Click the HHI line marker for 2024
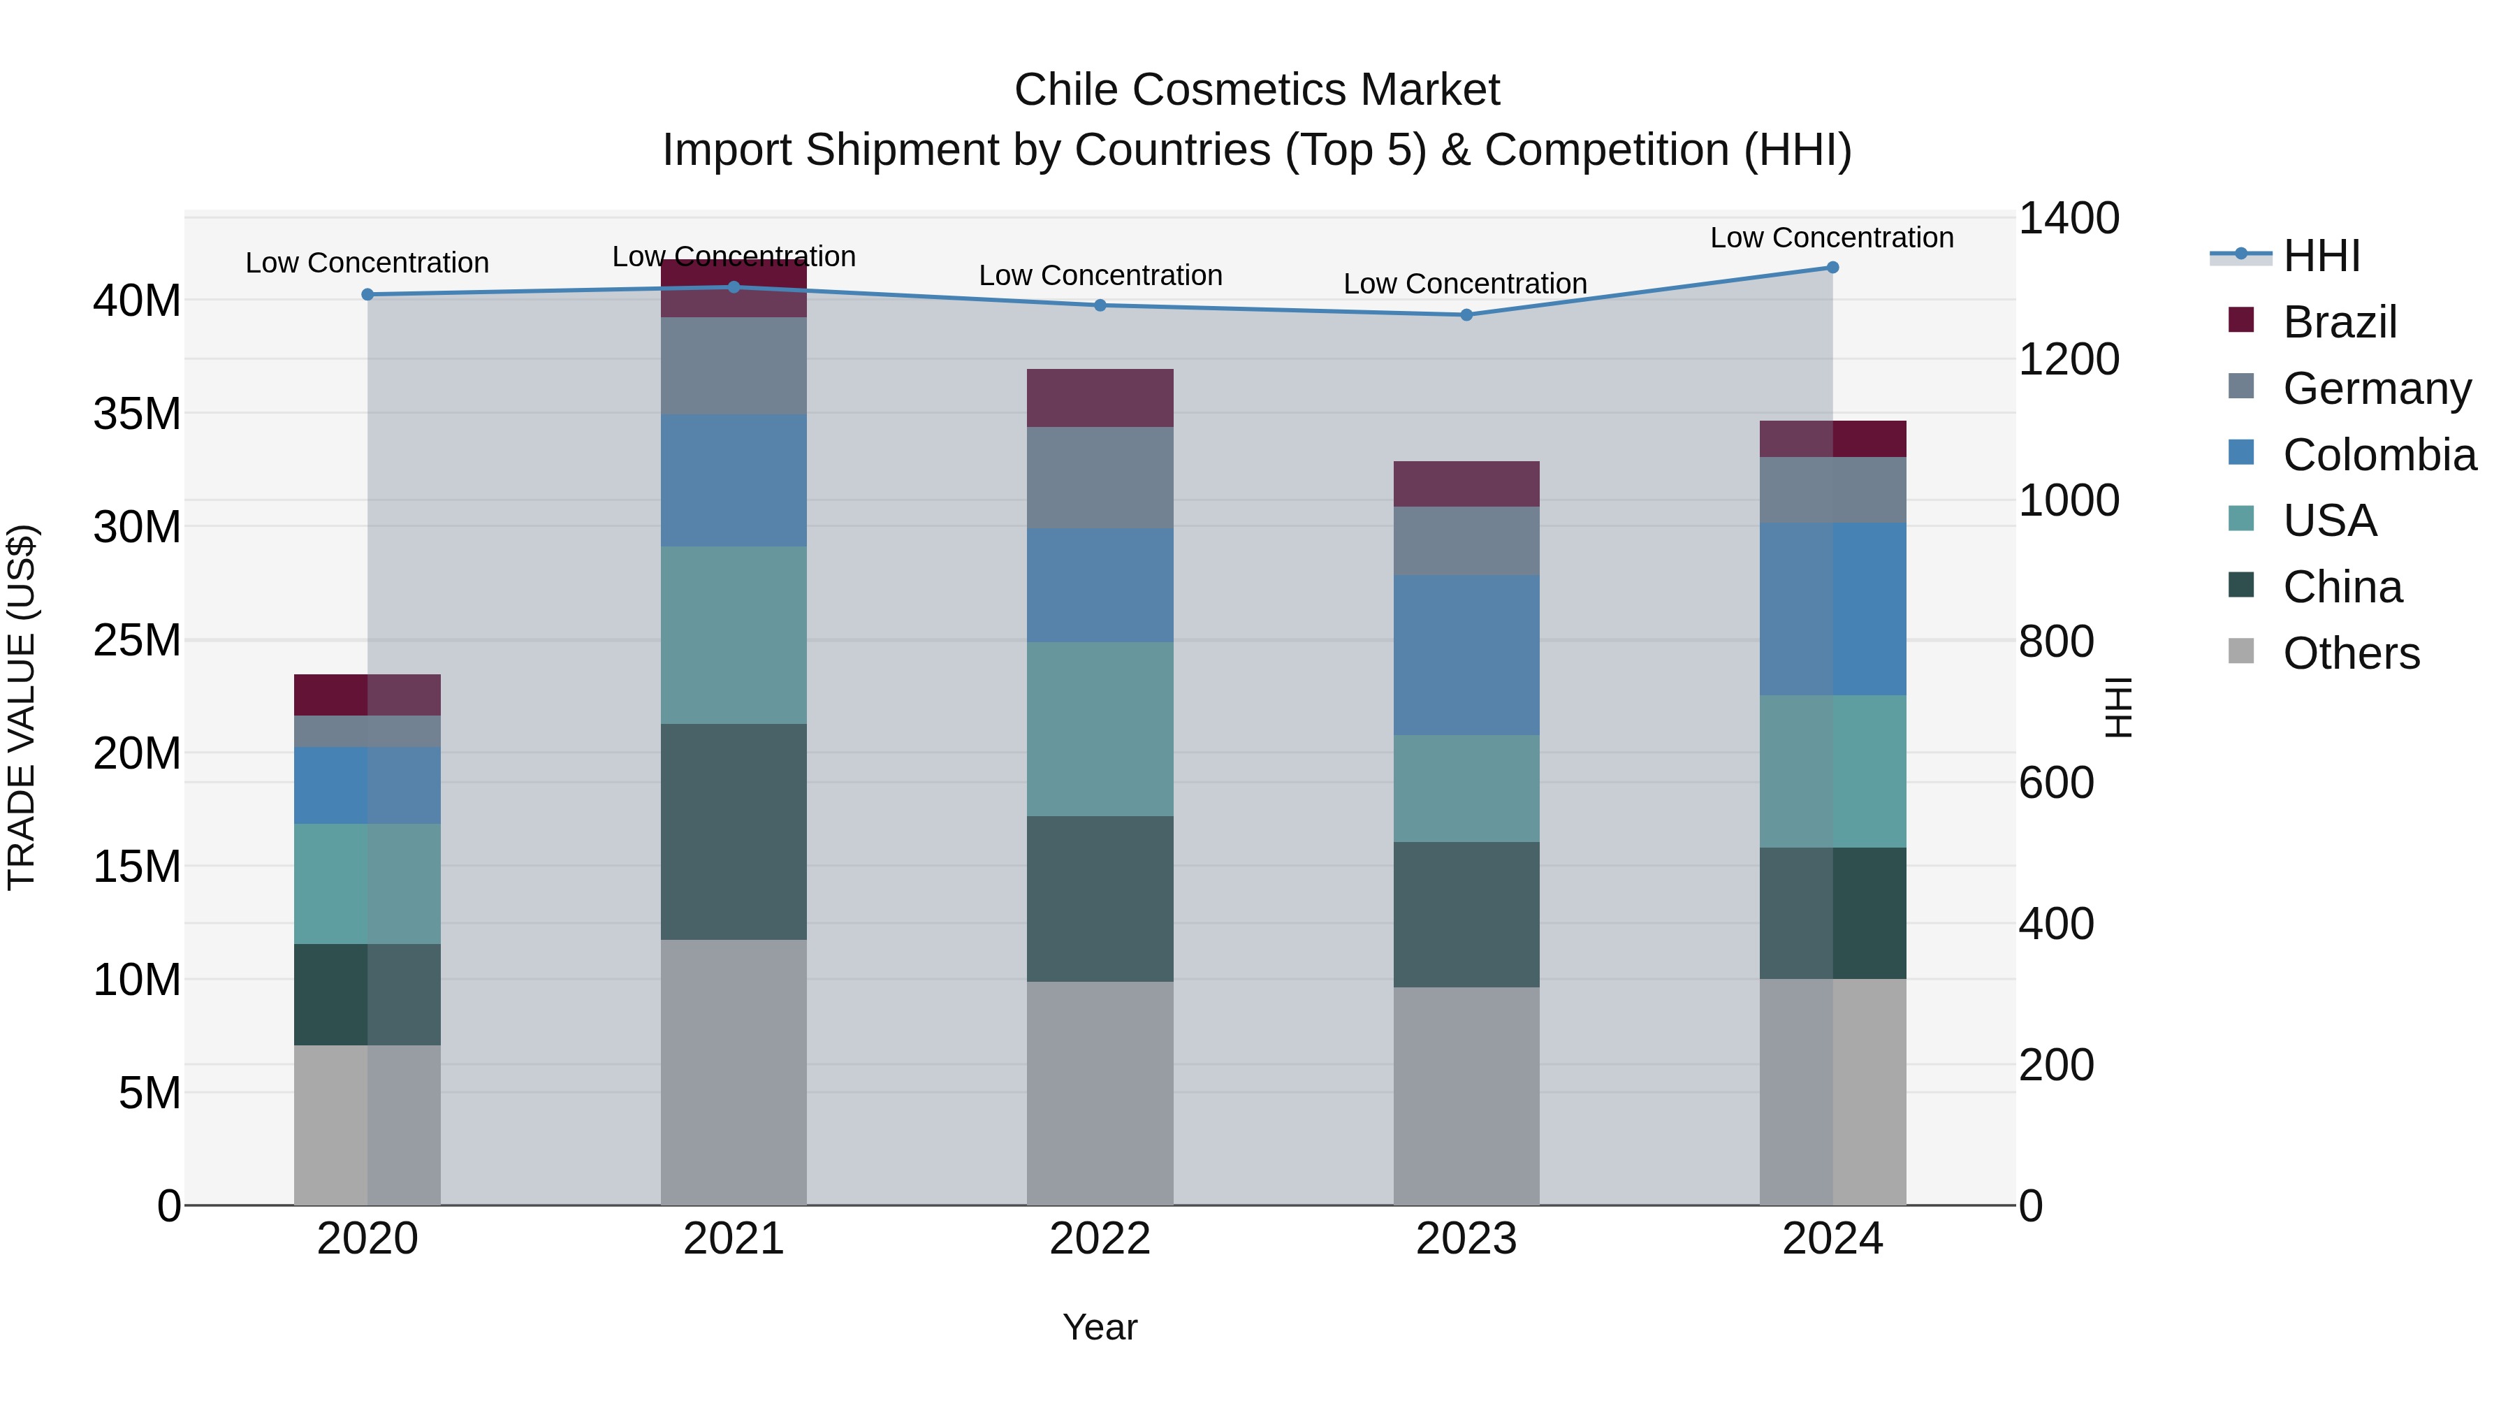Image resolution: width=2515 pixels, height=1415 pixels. pos(1832,268)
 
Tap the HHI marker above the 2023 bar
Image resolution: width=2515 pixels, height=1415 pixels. pos(1466,315)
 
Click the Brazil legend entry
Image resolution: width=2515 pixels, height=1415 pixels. pos(2339,322)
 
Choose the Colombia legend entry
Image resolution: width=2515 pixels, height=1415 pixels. pos(2378,455)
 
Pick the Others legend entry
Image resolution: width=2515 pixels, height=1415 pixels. pos(2351,653)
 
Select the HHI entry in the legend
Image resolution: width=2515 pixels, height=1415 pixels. pos(2321,256)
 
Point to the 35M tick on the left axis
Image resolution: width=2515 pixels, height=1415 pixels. pos(137,414)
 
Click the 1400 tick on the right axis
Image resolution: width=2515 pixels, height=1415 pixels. pos(2068,219)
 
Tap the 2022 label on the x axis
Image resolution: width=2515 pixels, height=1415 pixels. pos(1100,1239)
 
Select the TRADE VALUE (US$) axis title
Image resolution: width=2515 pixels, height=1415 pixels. pos(22,708)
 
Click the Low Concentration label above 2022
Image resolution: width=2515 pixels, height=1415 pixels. pos(1100,276)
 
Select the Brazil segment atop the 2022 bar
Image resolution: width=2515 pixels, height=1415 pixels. pos(1100,398)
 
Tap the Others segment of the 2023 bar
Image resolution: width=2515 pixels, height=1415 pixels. pos(1466,1096)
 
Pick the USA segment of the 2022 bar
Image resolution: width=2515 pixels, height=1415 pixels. pos(1100,729)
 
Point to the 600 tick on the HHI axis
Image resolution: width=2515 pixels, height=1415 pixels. pos(2055,783)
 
